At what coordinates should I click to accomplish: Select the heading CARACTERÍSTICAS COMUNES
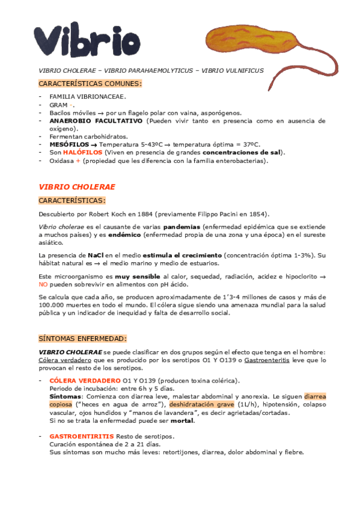point(90,83)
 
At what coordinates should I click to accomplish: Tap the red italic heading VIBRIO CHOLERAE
point(77,187)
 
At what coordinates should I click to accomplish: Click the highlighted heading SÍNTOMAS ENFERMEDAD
point(83,339)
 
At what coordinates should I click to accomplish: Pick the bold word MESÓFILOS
point(69,145)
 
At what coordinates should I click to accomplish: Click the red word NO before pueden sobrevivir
point(43,284)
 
